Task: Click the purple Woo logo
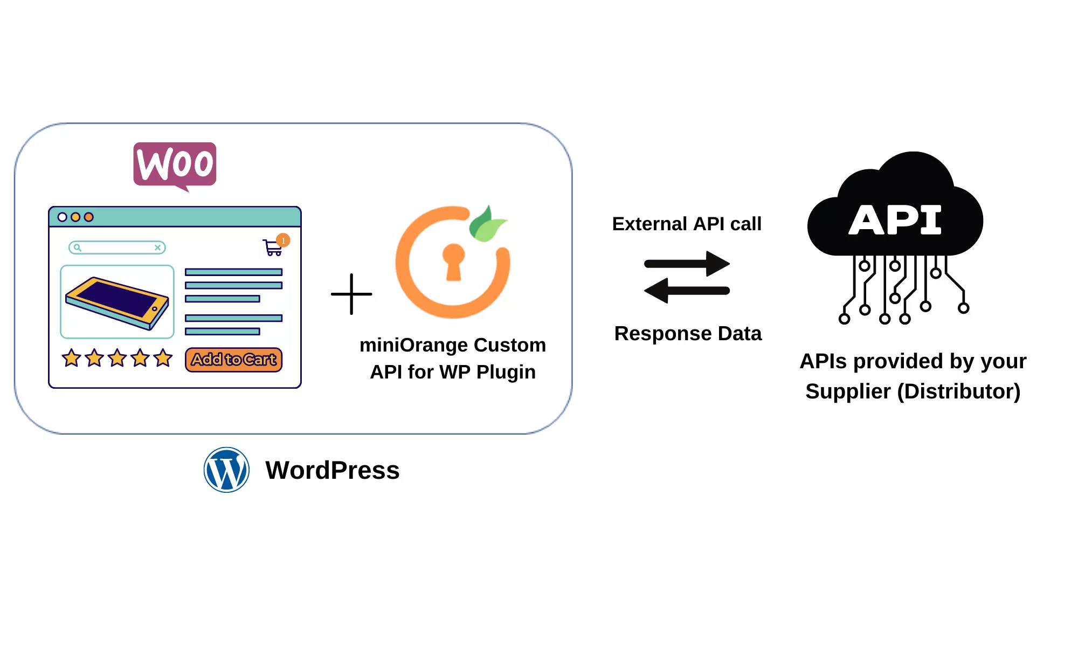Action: tap(175, 164)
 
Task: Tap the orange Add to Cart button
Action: tap(233, 360)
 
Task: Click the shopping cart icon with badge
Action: tap(274, 247)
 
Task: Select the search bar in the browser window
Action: tap(117, 247)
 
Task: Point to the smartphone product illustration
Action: tap(117, 302)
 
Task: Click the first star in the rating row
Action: tap(71, 358)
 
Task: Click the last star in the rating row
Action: tap(163, 358)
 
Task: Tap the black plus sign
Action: tap(351, 294)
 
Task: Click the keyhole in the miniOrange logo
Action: tap(453, 261)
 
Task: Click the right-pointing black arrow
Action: tap(687, 264)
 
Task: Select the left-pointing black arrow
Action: tap(687, 291)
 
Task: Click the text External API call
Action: tap(687, 224)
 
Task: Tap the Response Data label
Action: tap(688, 334)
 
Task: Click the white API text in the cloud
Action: tap(895, 220)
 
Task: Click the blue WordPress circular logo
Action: tap(226, 470)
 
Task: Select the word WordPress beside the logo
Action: tap(332, 470)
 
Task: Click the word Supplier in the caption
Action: tap(847, 391)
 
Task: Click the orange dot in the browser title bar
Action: tap(89, 217)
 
